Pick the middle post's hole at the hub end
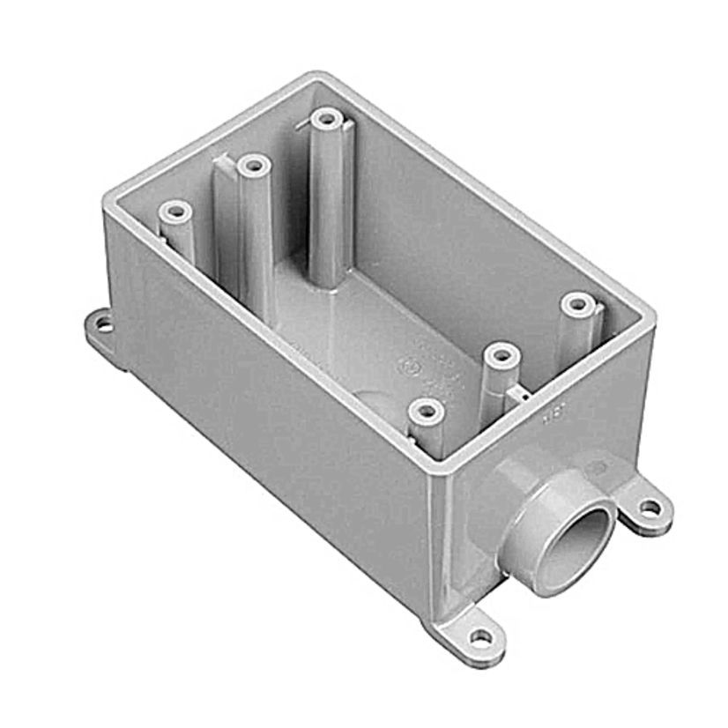click(501, 356)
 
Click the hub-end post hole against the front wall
click(427, 409)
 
